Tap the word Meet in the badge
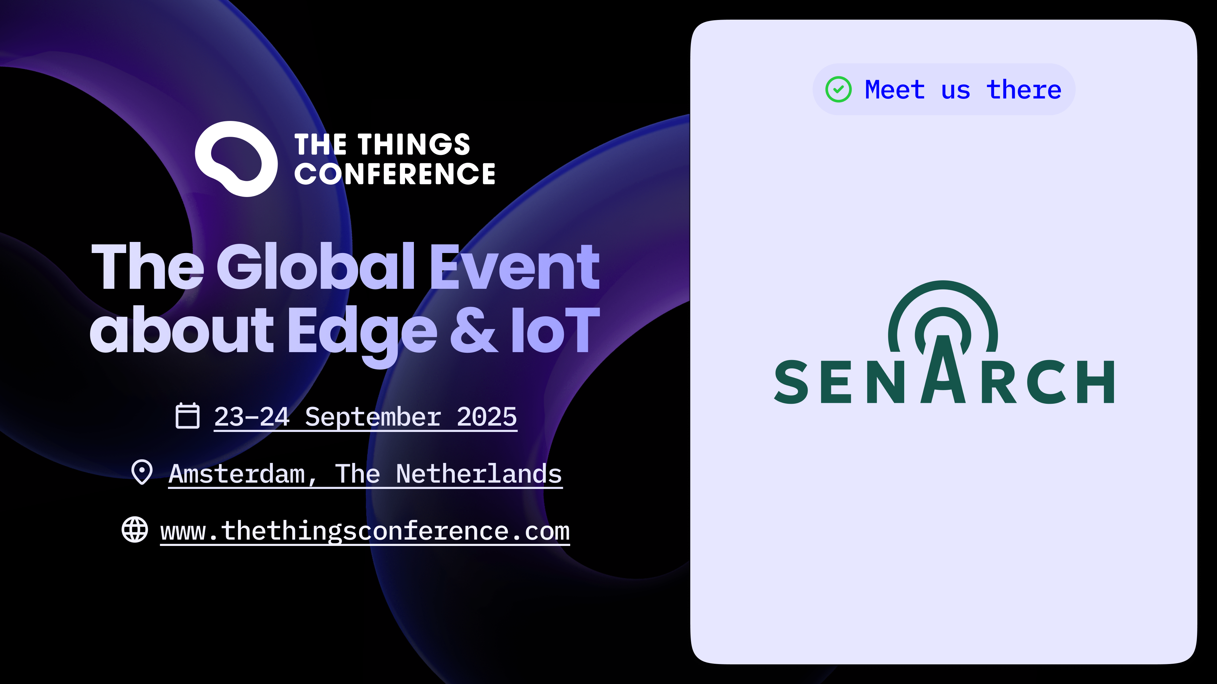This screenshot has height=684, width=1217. (x=894, y=90)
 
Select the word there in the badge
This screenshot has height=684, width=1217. (x=1024, y=89)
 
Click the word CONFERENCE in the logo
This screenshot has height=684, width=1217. (x=395, y=174)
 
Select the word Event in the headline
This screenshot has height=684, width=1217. (x=515, y=267)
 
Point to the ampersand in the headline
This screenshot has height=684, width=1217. (x=474, y=329)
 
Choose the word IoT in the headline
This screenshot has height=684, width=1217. (x=556, y=329)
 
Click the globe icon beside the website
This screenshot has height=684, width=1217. (x=135, y=530)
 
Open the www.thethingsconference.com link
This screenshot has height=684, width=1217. (x=365, y=531)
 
